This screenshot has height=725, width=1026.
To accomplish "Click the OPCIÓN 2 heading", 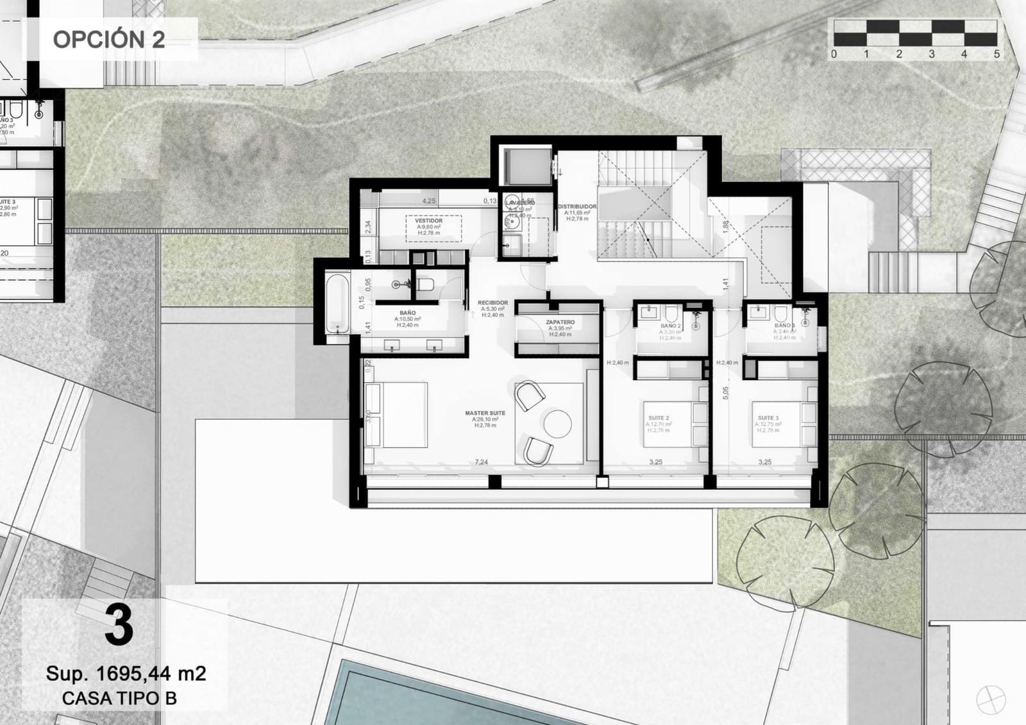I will [x=108, y=39].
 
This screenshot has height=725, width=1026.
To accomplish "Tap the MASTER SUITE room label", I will [x=485, y=413].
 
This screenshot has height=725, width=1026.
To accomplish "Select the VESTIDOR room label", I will [x=428, y=221].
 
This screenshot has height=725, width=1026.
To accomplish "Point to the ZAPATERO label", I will [x=560, y=322].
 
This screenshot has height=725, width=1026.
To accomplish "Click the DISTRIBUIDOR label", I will [x=577, y=207].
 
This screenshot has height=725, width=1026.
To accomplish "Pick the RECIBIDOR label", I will [x=492, y=303].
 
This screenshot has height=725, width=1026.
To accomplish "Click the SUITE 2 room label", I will [x=659, y=418].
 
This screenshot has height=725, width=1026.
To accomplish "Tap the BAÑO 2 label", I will [x=671, y=326].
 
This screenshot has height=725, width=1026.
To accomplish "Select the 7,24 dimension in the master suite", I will [x=481, y=462].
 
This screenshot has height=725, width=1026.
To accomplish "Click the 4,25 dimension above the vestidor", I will [x=428, y=201].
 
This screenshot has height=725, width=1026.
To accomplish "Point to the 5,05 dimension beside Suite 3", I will [x=726, y=393].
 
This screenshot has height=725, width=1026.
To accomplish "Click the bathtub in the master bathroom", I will [x=338, y=304].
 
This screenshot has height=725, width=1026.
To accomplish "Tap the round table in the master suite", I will [x=557, y=423].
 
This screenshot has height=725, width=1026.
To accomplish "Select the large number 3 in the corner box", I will [x=119, y=627].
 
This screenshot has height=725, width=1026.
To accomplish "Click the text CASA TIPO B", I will [x=119, y=698].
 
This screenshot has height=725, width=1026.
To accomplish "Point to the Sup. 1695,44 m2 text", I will [x=126, y=674].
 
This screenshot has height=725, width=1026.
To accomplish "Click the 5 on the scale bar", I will [x=997, y=54].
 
